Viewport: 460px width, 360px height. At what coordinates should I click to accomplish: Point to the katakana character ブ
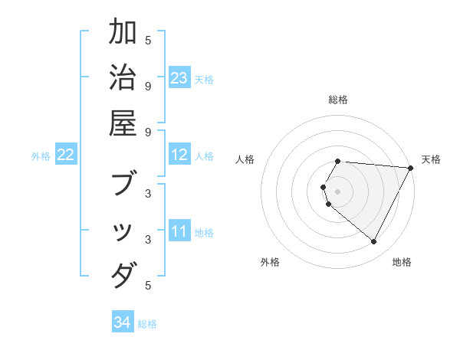pyautogui.click(x=123, y=185)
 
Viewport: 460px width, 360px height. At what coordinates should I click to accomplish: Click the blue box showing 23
pyautogui.click(x=179, y=78)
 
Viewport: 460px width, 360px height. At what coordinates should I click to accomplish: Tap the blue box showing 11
pyautogui.click(x=179, y=231)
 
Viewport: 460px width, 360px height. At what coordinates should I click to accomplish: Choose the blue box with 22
pyautogui.click(x=66, y=155)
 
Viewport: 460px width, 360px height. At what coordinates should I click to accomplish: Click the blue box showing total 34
pyautogui.click(x=123, y=322)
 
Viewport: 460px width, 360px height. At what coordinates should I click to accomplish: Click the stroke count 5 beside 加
pyautogui.click(x=149, y=40)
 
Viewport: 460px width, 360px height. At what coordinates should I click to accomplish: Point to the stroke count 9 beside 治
pyautogui.click(x=149, y=85)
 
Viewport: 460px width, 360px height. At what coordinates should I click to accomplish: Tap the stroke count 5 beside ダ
pyautogui.click(x=149, y=286)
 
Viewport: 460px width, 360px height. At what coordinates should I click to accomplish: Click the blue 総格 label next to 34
pyautogui.click(x=148, y=324)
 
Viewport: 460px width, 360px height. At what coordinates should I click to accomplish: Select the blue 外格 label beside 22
pyautogui.click(x=41, y=156)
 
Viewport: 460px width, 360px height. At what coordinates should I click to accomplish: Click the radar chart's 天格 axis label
pyautogui.click(x=431, y=159)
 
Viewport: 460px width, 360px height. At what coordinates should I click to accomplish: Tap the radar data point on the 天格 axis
pyautogui.click(x=410, y=168)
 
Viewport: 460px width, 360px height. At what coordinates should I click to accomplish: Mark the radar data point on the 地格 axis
pyautogui.click(x=374, y=241)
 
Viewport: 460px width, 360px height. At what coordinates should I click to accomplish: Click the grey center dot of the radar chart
pyautogui.click(x=338, y=191)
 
